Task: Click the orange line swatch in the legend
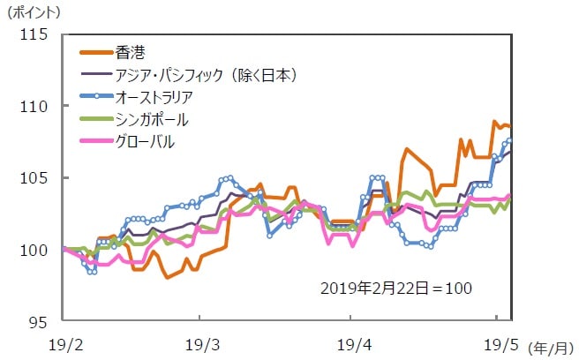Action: point(94,50)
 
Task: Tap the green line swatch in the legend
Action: point(94,119)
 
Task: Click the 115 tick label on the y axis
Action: point(40,34)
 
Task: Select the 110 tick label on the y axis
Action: point(40,106)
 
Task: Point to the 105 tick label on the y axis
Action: point(40,177)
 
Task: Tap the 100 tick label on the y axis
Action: point(40,250)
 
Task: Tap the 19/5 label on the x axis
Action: point(497,341)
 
